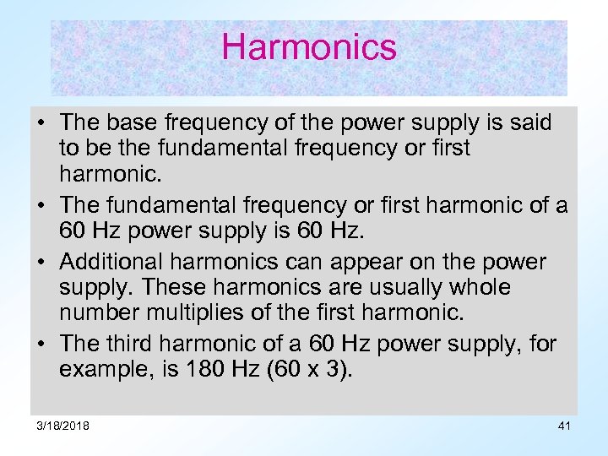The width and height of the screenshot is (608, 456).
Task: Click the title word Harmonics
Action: point(308,46)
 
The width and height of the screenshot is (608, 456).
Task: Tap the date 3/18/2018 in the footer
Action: point(62,426)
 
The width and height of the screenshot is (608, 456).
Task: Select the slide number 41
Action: point(564,426)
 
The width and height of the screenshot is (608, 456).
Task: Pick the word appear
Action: point(402,262)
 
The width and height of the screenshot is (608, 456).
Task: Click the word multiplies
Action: point(193,314)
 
